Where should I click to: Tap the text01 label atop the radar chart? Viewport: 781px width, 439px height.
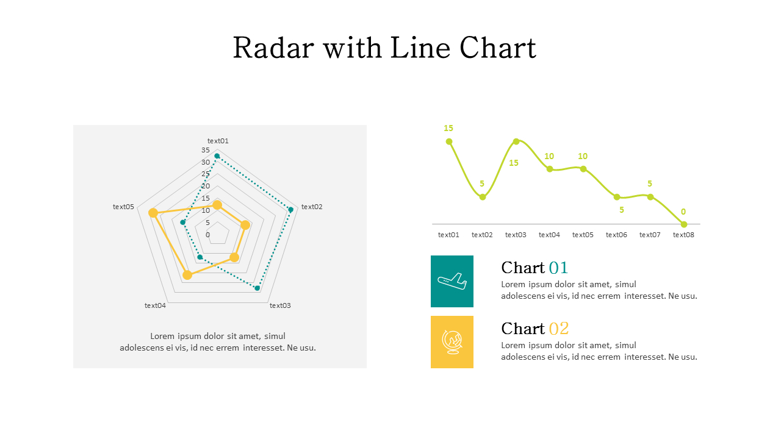click(x=218, y=141)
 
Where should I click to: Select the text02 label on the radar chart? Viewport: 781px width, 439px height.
click(x=312, y=207)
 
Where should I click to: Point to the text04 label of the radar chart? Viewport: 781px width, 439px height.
click(x=155, y=305)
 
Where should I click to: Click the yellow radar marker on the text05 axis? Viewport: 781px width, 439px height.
click(x=153, y=213)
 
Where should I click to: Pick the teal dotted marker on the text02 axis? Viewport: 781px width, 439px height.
click(x=290, y=210)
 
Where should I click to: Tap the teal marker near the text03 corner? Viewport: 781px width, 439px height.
click(x=257, y=288)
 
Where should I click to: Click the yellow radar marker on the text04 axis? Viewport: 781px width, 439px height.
click(x=187, y=275)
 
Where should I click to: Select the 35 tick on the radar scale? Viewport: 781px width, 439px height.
click(x=205, y=150)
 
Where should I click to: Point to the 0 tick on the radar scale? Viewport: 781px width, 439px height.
click(x=207, y=235)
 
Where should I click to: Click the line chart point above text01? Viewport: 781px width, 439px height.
click(x=449, y=141)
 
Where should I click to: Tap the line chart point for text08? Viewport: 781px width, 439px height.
click(x=683, y=224)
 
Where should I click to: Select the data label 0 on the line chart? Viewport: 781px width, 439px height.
click(x=683, y=212)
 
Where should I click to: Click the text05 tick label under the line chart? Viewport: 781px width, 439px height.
click(x=583, y=235)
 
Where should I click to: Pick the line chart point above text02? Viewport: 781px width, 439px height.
click(x=483, y=197)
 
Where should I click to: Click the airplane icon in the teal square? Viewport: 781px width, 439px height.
click(x=452, y=281)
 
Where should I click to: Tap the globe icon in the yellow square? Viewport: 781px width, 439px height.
click(x=452, y=342)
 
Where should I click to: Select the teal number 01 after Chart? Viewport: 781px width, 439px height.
click(x=558, y=268)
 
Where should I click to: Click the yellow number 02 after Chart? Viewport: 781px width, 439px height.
click(x=558, y=329)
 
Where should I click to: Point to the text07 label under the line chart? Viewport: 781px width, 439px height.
click(x=650, y=235)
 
